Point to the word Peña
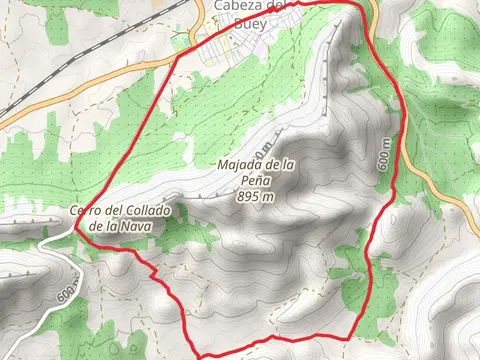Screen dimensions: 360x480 [x=257, y=180]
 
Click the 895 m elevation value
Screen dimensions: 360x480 [x=256, y=196]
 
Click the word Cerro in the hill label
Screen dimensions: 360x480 [x=86, y=211]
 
